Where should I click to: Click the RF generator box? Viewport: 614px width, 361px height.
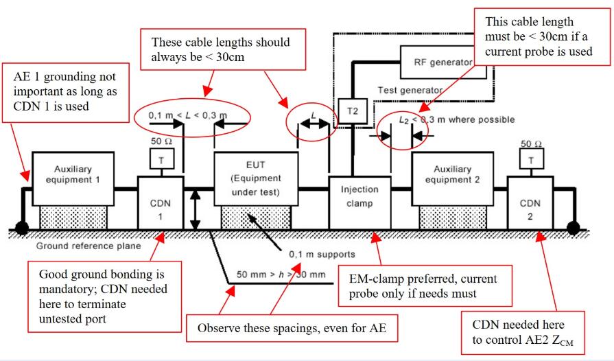[x=438, y=62]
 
